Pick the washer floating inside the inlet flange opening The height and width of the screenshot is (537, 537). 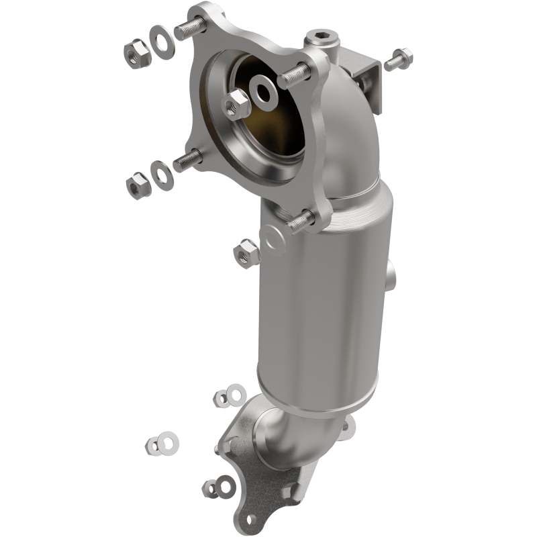tap(263, 93)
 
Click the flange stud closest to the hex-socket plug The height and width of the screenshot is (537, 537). tap(293, 75)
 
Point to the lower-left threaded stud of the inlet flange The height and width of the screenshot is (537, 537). tap(188, 160)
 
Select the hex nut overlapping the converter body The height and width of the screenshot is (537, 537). tap(246, 252)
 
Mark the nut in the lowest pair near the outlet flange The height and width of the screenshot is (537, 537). tap(211, 488)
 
